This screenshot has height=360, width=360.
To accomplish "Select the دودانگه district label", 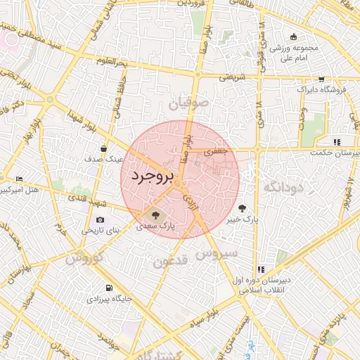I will (x=282, y=187).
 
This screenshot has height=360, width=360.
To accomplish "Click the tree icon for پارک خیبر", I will (x=243, y=208).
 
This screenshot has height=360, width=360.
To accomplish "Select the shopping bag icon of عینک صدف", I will (x=104, y=148).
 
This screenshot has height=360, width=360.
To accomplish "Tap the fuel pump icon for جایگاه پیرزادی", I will (x=108, y=288).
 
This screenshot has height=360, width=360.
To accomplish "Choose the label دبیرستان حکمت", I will (x=335, y=152).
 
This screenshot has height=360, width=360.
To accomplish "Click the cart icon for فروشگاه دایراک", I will (x=321, y=79).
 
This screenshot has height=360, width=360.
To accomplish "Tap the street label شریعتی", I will (x=232, y=77).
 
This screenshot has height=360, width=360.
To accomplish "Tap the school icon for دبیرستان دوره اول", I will (x=260, y=269).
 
